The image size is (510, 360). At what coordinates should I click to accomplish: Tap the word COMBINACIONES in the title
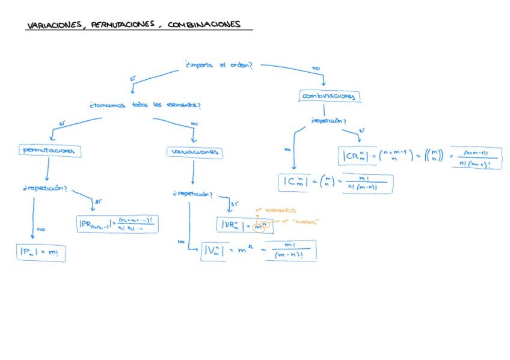204,25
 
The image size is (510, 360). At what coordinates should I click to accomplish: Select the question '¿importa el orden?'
218,66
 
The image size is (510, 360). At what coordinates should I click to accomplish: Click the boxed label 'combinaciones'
330,96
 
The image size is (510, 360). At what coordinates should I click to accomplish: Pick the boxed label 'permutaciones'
50,150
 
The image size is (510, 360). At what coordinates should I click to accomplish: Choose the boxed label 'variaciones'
194,153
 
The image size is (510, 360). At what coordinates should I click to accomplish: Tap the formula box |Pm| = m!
40,253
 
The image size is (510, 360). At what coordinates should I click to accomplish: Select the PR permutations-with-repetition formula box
117,225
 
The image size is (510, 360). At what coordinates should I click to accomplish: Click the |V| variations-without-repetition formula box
259,251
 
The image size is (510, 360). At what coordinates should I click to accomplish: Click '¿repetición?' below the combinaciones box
328,121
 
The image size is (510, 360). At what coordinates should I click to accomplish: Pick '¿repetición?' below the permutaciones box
46,188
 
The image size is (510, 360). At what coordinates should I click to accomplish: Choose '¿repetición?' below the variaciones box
192,194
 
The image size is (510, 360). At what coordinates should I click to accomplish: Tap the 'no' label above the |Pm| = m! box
41,229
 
